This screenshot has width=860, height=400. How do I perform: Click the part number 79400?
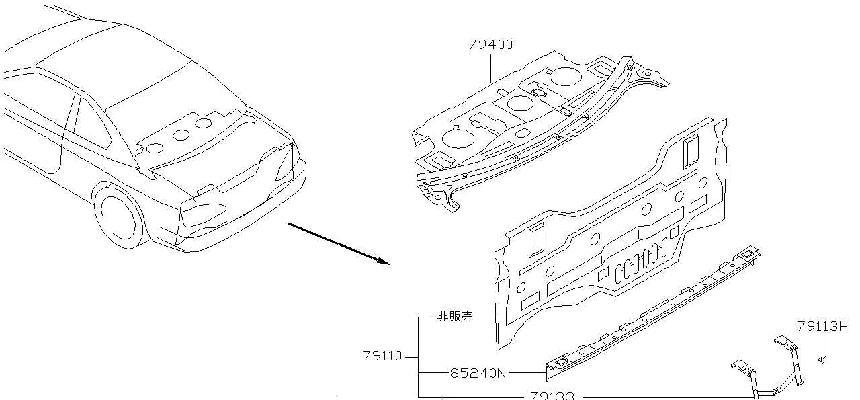(490, 45)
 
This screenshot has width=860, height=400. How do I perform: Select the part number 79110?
(382, 356)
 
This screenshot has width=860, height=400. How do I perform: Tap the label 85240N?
(478, 372)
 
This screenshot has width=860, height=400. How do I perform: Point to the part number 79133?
(552, 396)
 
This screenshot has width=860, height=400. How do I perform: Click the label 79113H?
(822, 327)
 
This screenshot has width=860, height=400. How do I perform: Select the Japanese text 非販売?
(455, 316)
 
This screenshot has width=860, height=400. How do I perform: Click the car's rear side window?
(89, 124)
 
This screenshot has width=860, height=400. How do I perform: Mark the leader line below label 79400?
(490, 67)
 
